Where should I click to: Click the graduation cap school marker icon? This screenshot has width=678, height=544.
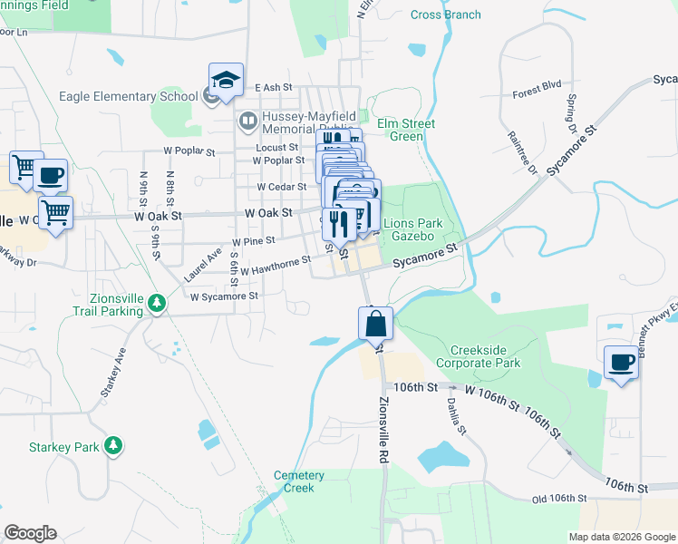click(x=226, y=79)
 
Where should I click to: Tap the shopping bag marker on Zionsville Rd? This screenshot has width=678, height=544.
click(x=375, y=321)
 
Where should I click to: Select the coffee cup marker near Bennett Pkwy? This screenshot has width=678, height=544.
click(x=621, y=362)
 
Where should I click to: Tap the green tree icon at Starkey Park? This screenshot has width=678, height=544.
click(x=113, y=445)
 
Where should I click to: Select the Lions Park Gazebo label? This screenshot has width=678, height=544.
click(x=414, y=229)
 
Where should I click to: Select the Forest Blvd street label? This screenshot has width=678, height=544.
click(x=537, y=88)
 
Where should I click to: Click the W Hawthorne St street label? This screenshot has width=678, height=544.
click(x=275, y=264)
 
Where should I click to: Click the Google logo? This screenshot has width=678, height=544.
click(x=30, y=533)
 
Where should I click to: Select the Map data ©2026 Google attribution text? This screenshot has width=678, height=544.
click(x=622, y=537)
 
